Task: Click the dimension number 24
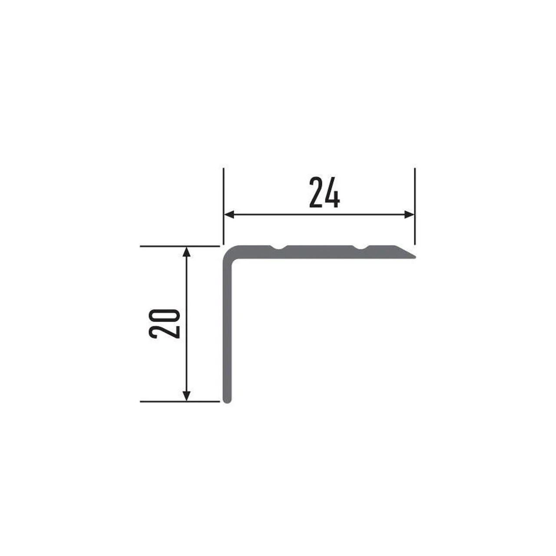[324, 192]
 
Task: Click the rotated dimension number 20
[165, 324]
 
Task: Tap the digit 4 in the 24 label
[332, 192]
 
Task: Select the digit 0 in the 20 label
[165, 316]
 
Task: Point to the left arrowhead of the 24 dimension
[229, 215]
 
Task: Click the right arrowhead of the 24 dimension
[410, 215]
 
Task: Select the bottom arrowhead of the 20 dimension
[187, 396]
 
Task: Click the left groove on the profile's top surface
[278, 248]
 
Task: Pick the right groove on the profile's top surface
[361, 248]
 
